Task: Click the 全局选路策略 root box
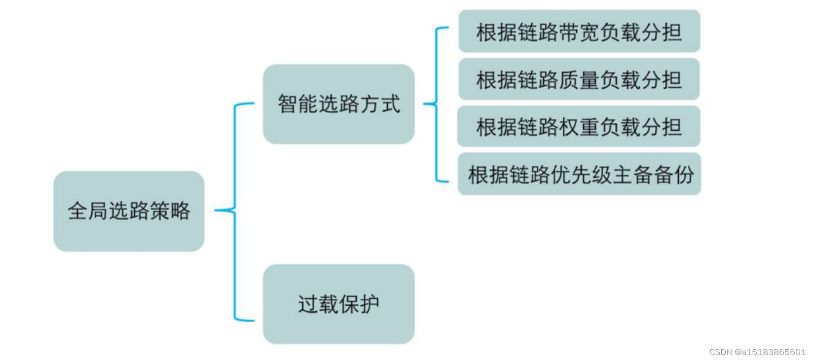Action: point(129,211)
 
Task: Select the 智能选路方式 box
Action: point(338,104)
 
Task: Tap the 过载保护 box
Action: point(338,304)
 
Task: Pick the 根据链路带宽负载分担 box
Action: point(579,32)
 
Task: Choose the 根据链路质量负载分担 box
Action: point(579,79)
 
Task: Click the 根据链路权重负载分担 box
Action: point(579,127)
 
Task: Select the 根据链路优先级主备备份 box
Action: point(579,174)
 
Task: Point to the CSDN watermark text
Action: point(757,352)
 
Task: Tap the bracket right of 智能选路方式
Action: point(437,104)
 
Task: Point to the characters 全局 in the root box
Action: point(88,211)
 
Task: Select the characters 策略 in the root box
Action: point(170,211)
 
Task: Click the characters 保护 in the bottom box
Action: point(359,304)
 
